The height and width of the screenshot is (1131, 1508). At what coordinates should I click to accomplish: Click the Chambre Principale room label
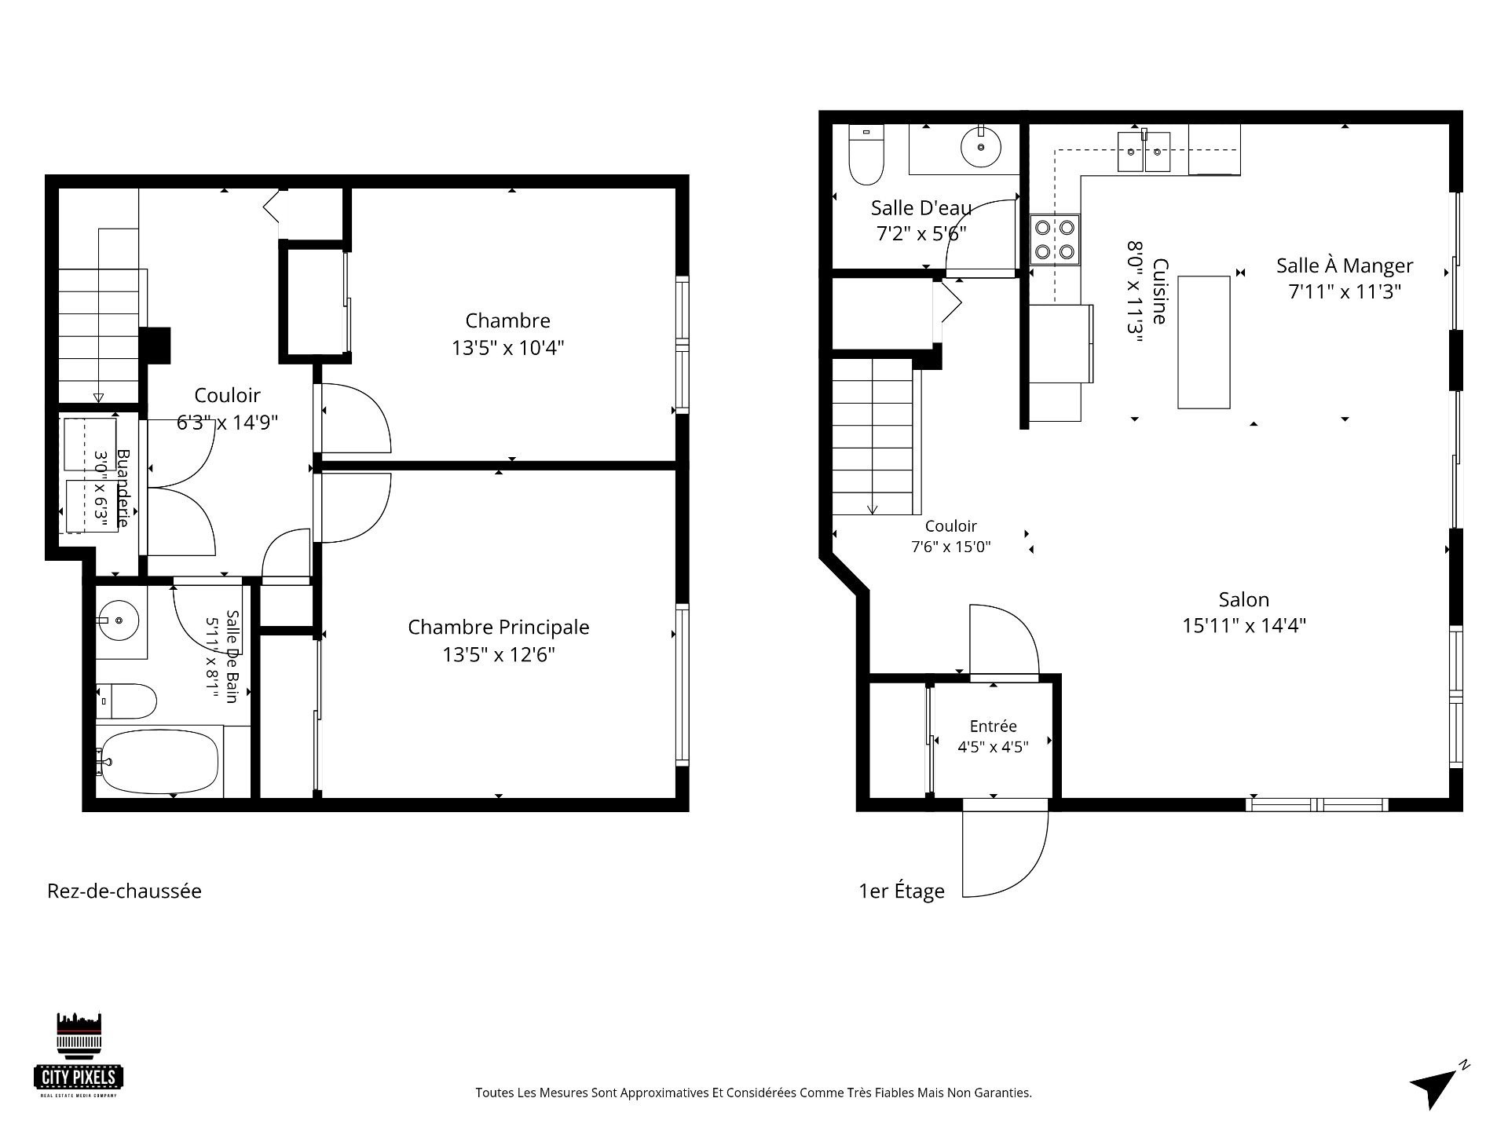tap(498, 628)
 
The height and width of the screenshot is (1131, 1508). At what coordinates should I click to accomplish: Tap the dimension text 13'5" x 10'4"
tap(507, 348)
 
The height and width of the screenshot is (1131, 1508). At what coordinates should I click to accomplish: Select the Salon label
tap(1243, 600)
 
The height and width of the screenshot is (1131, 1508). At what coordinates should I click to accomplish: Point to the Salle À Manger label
tap(1344, 265)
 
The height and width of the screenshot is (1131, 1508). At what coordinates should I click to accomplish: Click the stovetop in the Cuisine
tap(1055, 240)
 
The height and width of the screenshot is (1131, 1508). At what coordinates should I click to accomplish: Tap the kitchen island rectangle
tap(1203, 342)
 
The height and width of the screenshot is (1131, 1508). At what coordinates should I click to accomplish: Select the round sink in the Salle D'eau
tap(981, 147)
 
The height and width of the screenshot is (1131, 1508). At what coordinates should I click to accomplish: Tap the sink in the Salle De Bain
tap(119, 621)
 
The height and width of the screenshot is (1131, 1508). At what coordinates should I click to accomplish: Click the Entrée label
tap(993, 727)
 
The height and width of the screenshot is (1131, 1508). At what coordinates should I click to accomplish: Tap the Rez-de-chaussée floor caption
tap(124, 891)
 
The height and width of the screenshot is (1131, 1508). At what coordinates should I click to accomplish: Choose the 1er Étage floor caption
tap(901, 891)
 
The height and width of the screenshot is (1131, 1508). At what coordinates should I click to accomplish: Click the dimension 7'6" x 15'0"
tap(950, 547)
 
